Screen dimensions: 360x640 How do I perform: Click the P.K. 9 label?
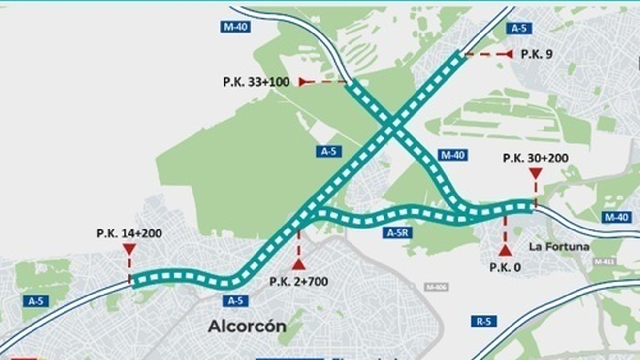tap(536, 54)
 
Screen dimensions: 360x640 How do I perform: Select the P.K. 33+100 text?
tap(256, 82)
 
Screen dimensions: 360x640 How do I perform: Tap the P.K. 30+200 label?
tap(535, 158)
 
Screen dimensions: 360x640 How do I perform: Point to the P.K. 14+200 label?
tap(129, 233)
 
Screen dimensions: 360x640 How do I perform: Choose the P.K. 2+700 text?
tap(298, 282)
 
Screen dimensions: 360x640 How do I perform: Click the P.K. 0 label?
tap(505, 267)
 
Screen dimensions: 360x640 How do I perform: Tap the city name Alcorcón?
tap(247, 326)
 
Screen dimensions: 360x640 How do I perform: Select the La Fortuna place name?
tap(559, 246)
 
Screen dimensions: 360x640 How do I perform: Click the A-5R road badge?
tap(397, 233)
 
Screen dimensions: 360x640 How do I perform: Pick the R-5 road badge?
tap(483, 322)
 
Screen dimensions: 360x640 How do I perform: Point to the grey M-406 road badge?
tap(436, 287)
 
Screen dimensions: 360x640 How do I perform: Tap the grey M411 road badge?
tap(604, 262)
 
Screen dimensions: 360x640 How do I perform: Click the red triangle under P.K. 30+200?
tap(535, 173)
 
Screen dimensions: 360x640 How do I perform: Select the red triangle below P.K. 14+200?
tap(129, 249)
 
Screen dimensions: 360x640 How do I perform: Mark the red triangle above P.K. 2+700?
tap(298, 265)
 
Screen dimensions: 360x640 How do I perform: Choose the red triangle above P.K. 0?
tap(505, 251)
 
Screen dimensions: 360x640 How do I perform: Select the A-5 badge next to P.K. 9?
tap(518, 29)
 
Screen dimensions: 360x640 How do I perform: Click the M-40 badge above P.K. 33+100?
tap(235, 27)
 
